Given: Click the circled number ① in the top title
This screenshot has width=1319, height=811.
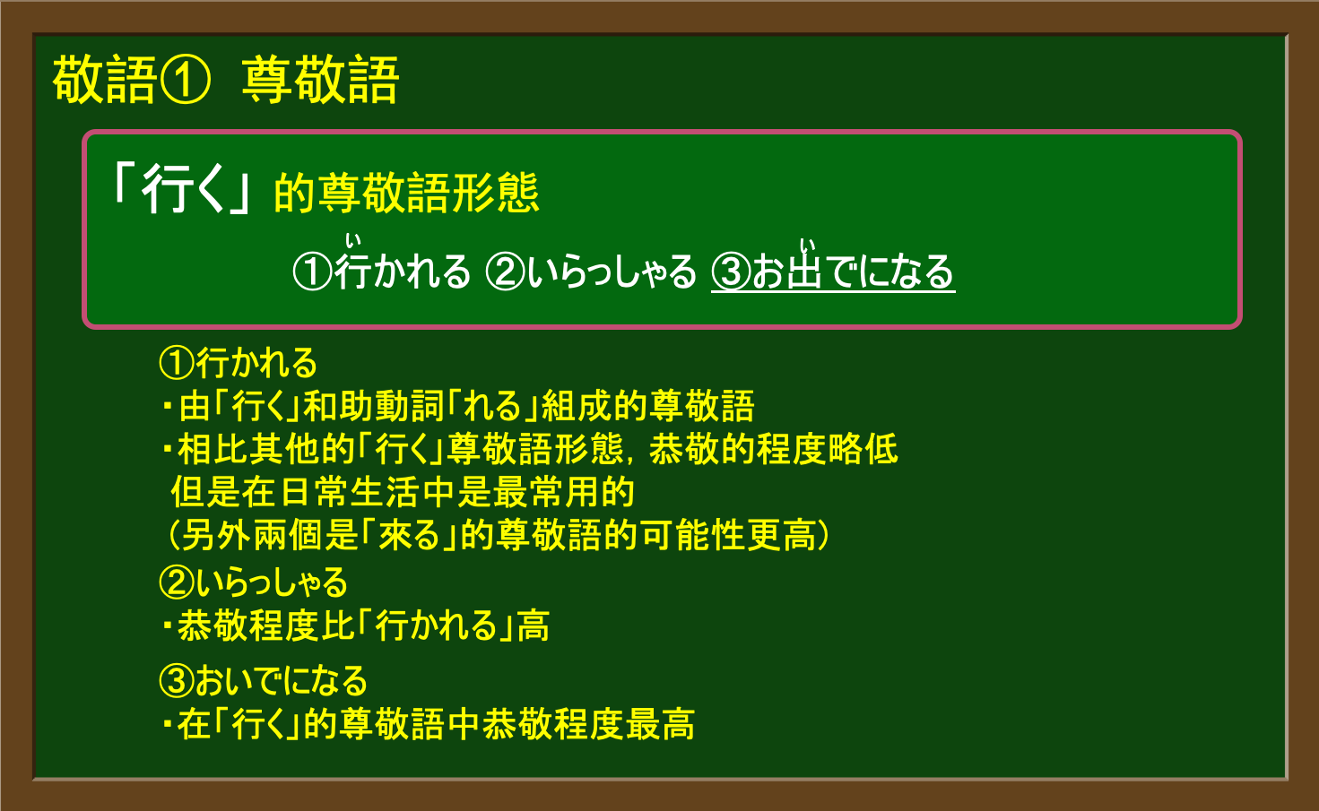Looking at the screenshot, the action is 185,81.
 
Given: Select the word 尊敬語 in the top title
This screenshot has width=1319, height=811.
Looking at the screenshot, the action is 321,81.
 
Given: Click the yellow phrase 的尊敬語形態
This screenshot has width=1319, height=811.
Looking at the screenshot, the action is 407,193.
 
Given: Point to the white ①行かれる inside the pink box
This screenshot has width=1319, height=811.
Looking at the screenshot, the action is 382,272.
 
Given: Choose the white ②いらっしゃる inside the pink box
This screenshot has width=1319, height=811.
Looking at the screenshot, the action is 591,272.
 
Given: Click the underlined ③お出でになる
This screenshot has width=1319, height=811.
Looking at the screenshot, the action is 833,272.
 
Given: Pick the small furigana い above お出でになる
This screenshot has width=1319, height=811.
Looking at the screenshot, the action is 808,245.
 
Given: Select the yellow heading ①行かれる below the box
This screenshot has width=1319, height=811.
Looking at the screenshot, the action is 239,362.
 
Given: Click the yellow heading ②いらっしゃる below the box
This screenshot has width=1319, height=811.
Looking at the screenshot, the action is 254,582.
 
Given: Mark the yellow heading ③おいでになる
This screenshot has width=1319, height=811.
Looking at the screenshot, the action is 264,680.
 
